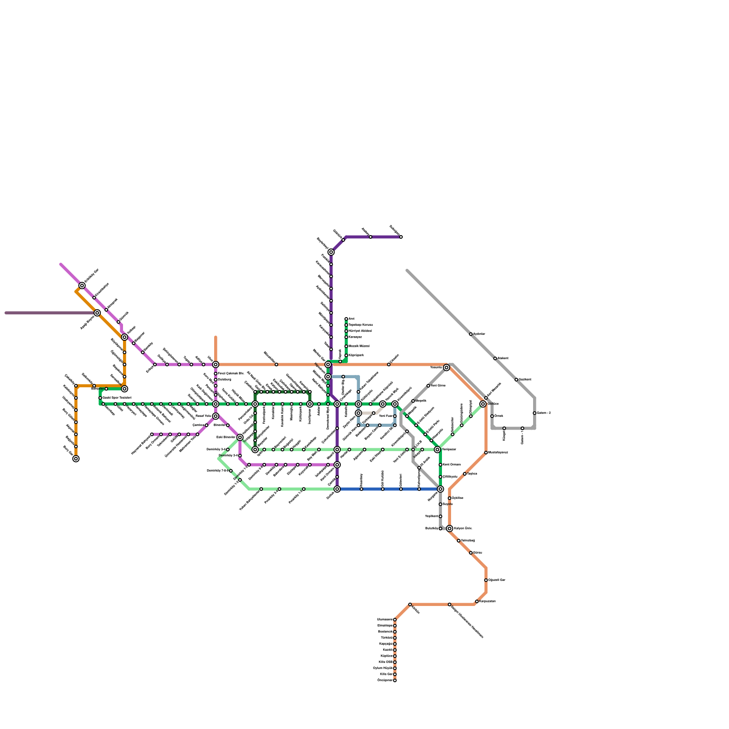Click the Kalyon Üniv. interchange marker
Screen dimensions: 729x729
pyautogui.click(x=450, y=529)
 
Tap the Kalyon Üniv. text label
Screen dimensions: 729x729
pyautogui.click(x=463, y=529)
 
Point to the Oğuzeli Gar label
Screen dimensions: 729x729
pyautogui.click(x=497, y=580)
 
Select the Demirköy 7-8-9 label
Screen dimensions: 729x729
pyautogui.click(x=218, y=471)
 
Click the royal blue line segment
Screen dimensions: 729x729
pyautogui.click(x=387, y=489)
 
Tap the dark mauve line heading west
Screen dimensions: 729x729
pyautogui.click(x=46, y=313)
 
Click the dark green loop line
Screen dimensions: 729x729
pyautogui.click(x=282, y=392)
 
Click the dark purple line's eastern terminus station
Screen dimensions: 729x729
pyautogui.click(x=401, y=237)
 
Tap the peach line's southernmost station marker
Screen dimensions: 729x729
pyautogui.click(x=395, y=680)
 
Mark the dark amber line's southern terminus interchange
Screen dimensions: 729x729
pyautogui.click(x=76, y=459)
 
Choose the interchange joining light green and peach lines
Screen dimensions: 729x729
pyautogui.click(x=483, y=404)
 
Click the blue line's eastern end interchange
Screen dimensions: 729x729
pyautogui.click(x=441, y=489)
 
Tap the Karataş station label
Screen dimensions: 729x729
pyautogui.click(x=355, y=337)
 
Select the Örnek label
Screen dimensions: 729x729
pyautogui.click(x=499, y=416)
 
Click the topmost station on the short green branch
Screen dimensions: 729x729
pyautogui.click(x=346, y=319)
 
